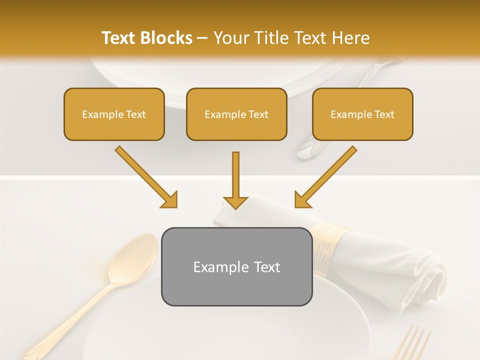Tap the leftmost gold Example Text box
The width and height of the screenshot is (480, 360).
114,114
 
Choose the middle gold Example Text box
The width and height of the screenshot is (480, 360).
236,114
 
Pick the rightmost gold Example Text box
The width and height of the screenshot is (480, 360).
362,114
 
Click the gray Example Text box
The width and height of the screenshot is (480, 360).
236,266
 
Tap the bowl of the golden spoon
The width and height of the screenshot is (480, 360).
133,258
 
